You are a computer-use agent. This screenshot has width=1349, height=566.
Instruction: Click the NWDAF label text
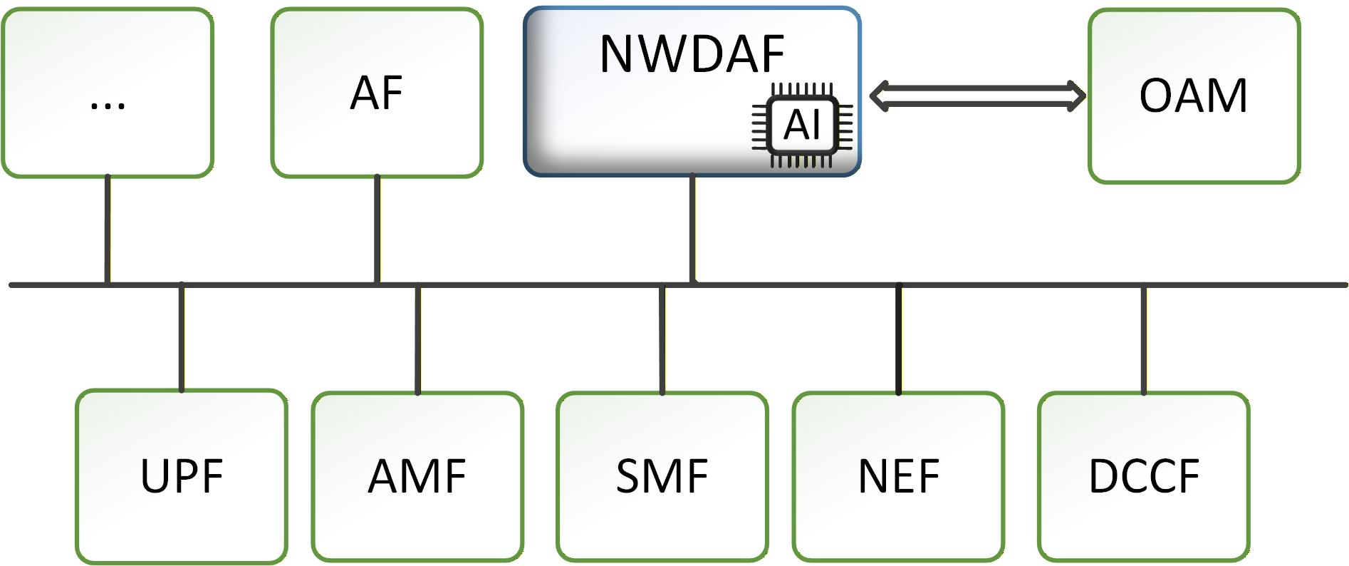pos(692,54)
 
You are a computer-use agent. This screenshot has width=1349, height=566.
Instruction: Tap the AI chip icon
pos(802,125)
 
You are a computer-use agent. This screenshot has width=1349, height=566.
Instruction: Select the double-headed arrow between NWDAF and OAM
pos(977,96)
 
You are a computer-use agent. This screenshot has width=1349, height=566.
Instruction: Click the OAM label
pos(1193,96)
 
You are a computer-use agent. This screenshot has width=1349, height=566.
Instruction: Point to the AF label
pos(377,93)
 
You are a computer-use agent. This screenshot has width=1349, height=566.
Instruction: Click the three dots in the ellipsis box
pos(108,105)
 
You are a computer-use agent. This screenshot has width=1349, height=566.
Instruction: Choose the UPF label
pos(182,476)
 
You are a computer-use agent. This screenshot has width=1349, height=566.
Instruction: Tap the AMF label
pos(417,476)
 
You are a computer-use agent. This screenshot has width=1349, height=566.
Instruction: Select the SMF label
pos(662,476)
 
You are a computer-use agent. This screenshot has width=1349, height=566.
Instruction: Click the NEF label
pos(899,476)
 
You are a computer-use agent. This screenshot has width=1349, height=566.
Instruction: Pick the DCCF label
pos(1144,476)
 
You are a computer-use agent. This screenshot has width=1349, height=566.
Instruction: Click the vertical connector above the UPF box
pos(182,338)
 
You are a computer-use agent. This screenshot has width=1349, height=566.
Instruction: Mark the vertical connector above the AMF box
pos(417,339)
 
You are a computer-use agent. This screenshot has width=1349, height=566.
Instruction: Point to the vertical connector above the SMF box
pos(662,339)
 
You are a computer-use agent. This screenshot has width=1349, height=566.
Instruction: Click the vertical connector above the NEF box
pos(899,339)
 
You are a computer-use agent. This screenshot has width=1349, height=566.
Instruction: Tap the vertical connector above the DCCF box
pos(1144,339)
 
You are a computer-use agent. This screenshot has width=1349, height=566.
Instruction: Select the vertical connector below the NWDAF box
pos(692,229)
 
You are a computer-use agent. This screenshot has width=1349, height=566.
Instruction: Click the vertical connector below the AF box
pos(377,229)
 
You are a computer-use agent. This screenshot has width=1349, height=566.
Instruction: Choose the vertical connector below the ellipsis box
pos(108,229)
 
